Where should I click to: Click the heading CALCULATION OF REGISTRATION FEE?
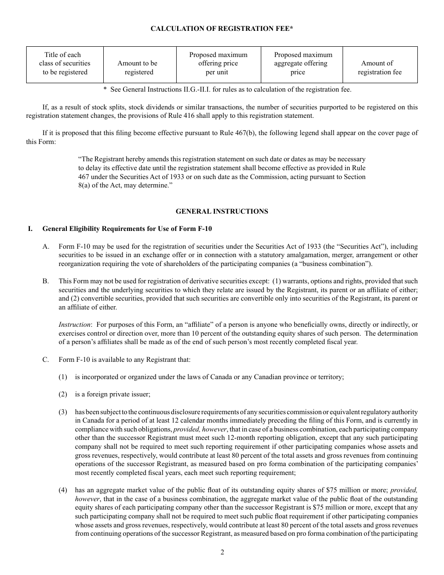point(222,29)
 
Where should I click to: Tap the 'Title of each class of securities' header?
point(65,64)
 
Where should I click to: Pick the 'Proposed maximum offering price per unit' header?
point(218,64)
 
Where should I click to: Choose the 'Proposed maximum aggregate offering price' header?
point(302,64)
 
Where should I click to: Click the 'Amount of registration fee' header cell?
point(379,68)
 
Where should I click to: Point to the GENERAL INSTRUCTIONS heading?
point(222,211)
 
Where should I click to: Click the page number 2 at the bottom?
point(222,552)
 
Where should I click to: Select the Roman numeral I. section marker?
point(30,229)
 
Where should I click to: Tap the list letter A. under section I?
point(46,246)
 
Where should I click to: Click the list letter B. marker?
point(46,281)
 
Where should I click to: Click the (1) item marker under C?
point(63,377)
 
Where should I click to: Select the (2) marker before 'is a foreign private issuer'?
point(63,394)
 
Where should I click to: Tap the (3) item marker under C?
point(63,412)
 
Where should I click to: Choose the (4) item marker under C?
point(63,490)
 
